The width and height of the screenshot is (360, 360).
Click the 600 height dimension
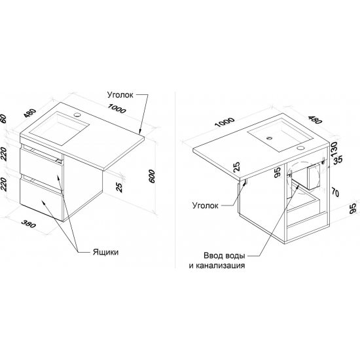pyautogui.click(x=152, y=176)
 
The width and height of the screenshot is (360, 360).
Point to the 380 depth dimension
pyautogui.click(x=29, y=224)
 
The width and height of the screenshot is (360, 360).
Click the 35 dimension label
pyautogui.click(x=338, y=160)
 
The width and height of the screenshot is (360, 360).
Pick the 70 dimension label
pyautogui.click(x=335, y=192)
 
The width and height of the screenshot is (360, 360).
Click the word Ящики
pyautogui.click(x=105, y=252)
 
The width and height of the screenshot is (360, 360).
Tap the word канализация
pyautogui.click(x=217, y=265)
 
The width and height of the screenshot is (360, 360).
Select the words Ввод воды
pyautogui.click(x=225, y=255)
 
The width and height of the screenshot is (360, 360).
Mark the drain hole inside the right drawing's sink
pyautogui.click(x=269, y=138)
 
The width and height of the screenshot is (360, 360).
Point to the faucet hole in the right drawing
pyautogui.click(x=300, y=148)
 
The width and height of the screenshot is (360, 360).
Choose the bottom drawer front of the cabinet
pyautogui.click(x=40, y=199)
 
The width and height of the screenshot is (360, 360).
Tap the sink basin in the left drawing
pyautogui.click(x=59, y=128)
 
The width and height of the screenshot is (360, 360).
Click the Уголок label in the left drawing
pyautogui.click(x=120, y=95)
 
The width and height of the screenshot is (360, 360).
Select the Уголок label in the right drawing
pyautogui.click(x=206, y=206)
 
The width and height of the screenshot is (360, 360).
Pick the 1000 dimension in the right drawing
pyautogui.click(x=225, y=122)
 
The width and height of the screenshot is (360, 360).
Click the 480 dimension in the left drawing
pyautogui.click(x=30, y=113)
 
